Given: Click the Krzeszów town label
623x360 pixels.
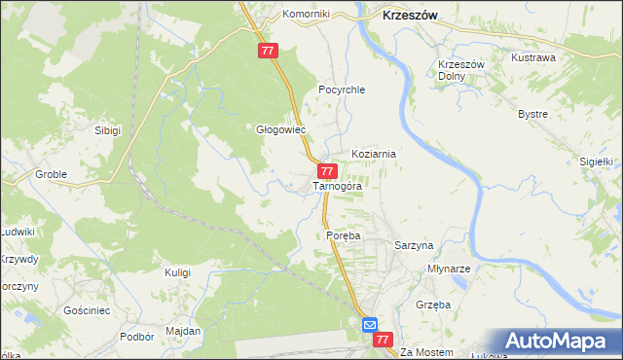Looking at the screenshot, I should click(x=409, y=16).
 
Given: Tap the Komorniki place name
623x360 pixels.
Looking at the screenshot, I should click(x=307, y=15).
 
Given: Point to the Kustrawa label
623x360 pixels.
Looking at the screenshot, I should click(x=533, y=57).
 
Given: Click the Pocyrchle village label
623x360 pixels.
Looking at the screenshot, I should click(x=341, y=90).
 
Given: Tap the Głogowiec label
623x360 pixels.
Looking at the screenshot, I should click(x=280, y=129).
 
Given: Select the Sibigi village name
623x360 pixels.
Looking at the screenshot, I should click(x=107, y=130).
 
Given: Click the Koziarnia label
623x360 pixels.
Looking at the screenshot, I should click(x=373, y=154).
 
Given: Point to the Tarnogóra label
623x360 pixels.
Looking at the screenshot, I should click(x=338, y=186).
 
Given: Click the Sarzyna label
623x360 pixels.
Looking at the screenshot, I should click(x=413, y=246).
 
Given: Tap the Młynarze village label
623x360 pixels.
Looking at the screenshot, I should click(x=450, y=269).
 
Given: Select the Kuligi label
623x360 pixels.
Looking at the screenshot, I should click(x=177, y=272).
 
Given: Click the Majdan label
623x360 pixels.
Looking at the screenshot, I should click(x=183, y=331).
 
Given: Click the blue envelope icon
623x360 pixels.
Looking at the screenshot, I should click(x=371, y=324).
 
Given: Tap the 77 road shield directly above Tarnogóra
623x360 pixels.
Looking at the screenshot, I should click(x=328, y=170).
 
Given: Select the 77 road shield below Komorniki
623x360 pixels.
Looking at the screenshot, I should click(x=270, y=51).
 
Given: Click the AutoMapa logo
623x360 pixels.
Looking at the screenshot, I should click(x=558, y=341).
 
